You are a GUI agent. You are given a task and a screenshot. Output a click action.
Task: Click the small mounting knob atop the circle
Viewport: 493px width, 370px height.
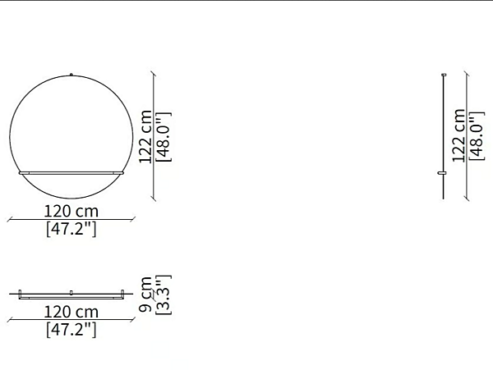71,75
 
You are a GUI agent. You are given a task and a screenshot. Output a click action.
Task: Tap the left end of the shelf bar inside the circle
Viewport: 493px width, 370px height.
20,172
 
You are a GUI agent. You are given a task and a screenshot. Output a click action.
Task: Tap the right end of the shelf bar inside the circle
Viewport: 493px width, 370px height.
122,172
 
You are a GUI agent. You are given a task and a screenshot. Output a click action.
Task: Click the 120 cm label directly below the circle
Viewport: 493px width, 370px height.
71,211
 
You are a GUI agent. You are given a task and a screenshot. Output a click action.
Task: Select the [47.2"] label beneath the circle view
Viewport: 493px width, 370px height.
71,229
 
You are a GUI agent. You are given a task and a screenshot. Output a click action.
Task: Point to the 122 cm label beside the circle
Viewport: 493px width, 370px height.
145,136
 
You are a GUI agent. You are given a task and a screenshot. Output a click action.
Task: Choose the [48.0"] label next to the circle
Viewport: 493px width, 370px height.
164,137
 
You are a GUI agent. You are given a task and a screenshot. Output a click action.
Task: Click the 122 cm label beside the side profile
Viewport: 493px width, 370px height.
458,135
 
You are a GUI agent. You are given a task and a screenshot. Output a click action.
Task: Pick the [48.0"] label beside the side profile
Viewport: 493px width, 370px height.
477,136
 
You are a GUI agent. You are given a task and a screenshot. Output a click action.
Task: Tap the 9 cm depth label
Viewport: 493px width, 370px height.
145,295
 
